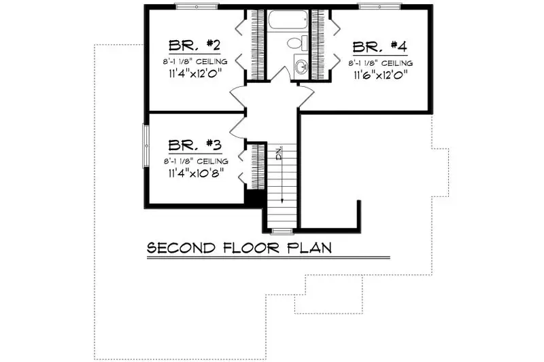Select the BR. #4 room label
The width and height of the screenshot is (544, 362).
coord(379,47)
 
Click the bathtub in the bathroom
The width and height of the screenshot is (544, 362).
coord(288,21)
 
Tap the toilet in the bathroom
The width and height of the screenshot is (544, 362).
coord(295,43)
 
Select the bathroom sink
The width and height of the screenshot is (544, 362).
coord(301,67)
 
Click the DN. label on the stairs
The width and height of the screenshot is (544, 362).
coord(279,153)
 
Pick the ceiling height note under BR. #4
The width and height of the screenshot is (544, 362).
coord(381,63)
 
